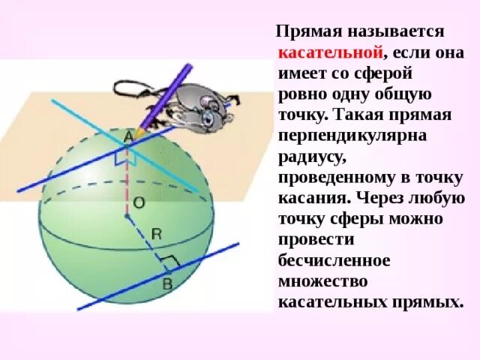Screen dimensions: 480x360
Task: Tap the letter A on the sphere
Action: pos(128,137)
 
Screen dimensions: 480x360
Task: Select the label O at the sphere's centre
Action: pos(139,202)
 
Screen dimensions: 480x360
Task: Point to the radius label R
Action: pos(156,234)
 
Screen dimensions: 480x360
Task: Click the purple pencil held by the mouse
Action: pos(169,93)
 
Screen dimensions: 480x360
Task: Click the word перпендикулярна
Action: pos(342,137)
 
